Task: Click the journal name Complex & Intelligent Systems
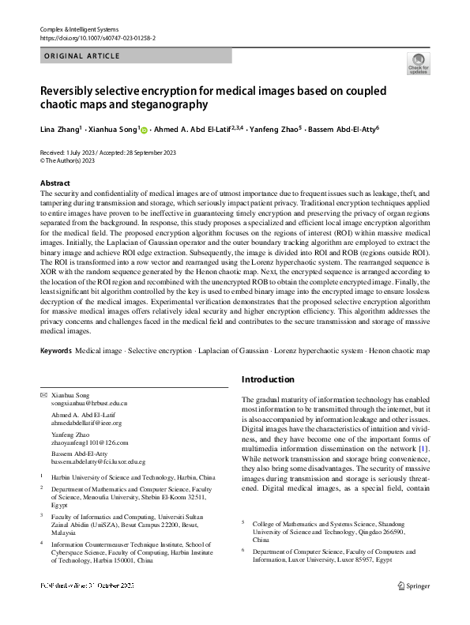[x=78, y=28]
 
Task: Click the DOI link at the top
[x=92, y=37]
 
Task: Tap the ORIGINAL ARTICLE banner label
[x=83, y=56]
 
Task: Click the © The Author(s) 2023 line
[x=67, y=160]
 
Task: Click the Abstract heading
[x=55, y=183]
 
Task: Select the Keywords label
[x=56, y=348]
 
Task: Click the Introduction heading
[x=268, y=379]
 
